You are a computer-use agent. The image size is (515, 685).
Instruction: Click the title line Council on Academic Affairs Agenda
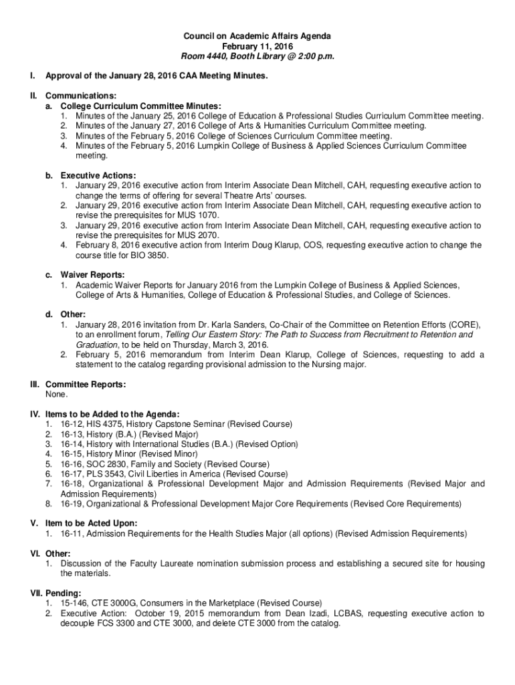click(257, 35)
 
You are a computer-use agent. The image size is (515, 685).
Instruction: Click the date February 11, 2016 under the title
click(257, 46)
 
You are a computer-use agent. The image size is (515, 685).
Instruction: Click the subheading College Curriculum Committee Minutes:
click(140, 106)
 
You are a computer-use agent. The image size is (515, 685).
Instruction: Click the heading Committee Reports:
click(86, 385)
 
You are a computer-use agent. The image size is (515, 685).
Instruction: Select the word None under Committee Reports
click(56, 395)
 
